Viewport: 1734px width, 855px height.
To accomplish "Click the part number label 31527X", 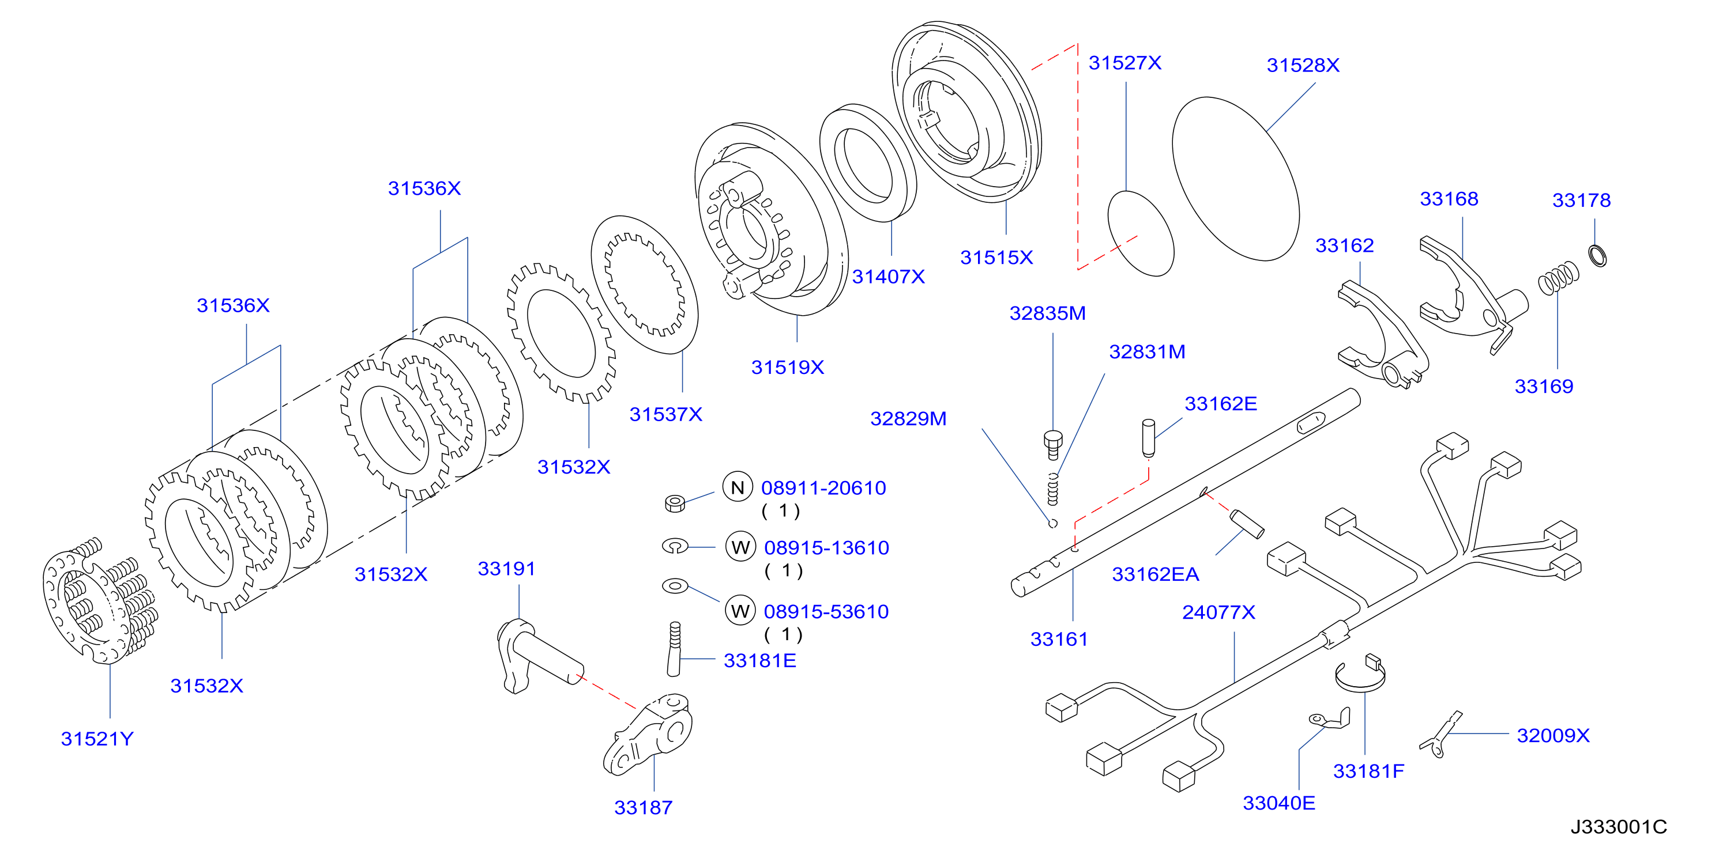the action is click(x=1125, y=63).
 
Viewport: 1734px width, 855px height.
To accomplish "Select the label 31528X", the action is click(x=1303, y=65).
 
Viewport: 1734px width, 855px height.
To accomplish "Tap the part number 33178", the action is click(x=1581, y=200).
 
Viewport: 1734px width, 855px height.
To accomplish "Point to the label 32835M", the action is click(x=1047, y=313).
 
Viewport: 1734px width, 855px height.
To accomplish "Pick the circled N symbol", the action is click(x=738, y=487).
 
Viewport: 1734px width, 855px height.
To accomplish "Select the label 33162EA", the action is click(x=1155, y=574).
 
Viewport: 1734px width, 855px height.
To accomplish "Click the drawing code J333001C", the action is click(x=1619, y=827).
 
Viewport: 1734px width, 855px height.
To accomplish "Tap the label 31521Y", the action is click(x=97, y=739).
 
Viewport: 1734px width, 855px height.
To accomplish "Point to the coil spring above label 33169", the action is click(x=1558, y=278).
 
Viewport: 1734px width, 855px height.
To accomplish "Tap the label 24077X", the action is click(x=1218, y=612).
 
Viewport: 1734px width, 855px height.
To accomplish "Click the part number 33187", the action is click(x=643, y=807).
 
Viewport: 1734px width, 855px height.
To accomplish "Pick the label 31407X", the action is click(x=889, y=277).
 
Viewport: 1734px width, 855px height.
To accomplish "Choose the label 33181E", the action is click(x=760, y=661).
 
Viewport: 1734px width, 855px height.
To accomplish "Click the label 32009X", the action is click(x=1553, y=735).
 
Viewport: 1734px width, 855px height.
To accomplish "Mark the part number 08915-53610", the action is click(x=826, y=611).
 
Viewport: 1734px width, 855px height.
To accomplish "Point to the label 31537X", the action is click(x=665, y=414).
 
